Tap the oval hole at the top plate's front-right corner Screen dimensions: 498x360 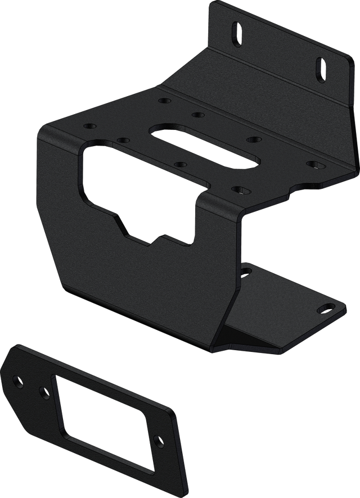238,190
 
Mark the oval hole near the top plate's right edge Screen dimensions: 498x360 313,164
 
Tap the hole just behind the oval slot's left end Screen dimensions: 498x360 196,115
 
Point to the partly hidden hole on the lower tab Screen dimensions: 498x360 245,271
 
